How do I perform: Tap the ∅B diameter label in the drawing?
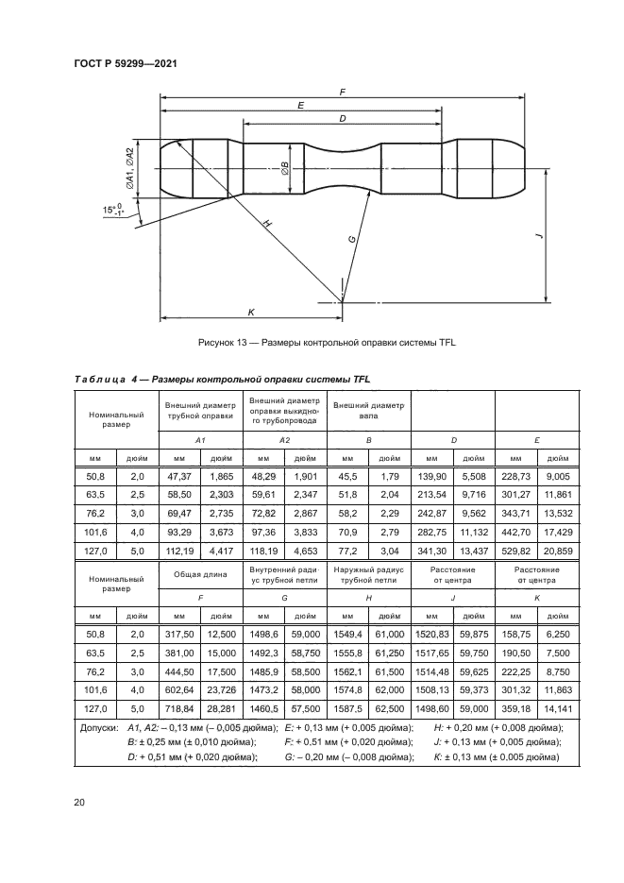[x=285, y=168]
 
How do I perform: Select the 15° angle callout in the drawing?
[x=114, y=211]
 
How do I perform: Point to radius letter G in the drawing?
[x=351, y=240]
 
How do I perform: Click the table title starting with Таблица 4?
[x=222, y=380]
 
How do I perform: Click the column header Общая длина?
[x=199, y=573]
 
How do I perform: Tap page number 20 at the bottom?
[x=79, y=803]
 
